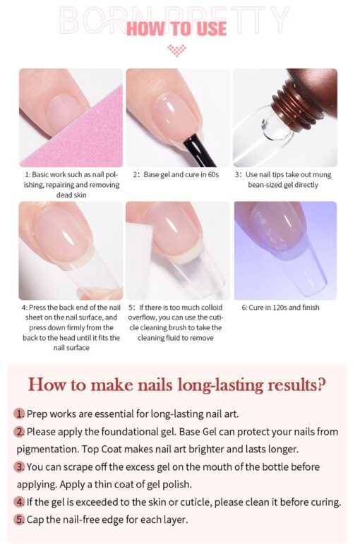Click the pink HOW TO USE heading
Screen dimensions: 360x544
pyautogui.click(x=176, y=29)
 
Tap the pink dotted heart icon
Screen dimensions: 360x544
pyautogui.click(x=176, y=50)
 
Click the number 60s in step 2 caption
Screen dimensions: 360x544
pyautogui.click(x=213, y=174)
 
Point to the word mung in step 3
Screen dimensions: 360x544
pyautogui.click(x=322, y=174)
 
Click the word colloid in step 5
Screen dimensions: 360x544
pyautogui.click(x=212, y=308)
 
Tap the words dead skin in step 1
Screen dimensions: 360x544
pyautogui.click(x=71, y=195)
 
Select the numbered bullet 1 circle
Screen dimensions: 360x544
pyautogui.click(x=20, y=414)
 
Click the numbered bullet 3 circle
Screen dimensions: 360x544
pyautogui.click(x=20, y=467)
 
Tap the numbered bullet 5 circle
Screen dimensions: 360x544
pyautogui.click(x=20, y=520)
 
